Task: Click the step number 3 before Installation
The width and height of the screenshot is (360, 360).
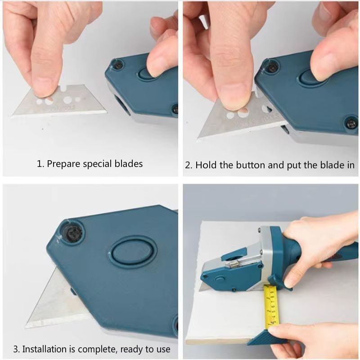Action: click(15, 349)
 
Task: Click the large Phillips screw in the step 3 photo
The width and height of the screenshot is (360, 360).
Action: click(72, 233)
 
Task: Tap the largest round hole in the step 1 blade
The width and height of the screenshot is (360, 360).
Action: click(69, 99)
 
